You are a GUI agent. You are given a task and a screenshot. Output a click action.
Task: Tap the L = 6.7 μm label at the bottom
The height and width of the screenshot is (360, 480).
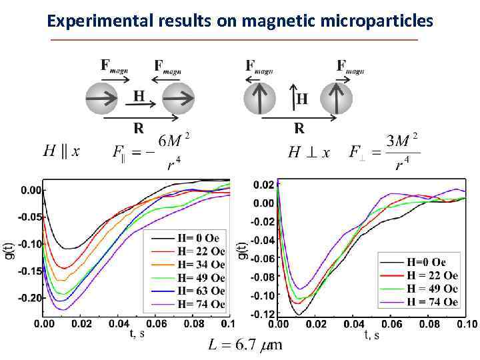pos(245,345)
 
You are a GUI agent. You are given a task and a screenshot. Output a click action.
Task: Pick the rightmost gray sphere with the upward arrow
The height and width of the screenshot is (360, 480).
pos(337,98)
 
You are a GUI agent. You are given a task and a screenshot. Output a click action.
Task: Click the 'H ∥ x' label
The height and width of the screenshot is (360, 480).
pos(61,152)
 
